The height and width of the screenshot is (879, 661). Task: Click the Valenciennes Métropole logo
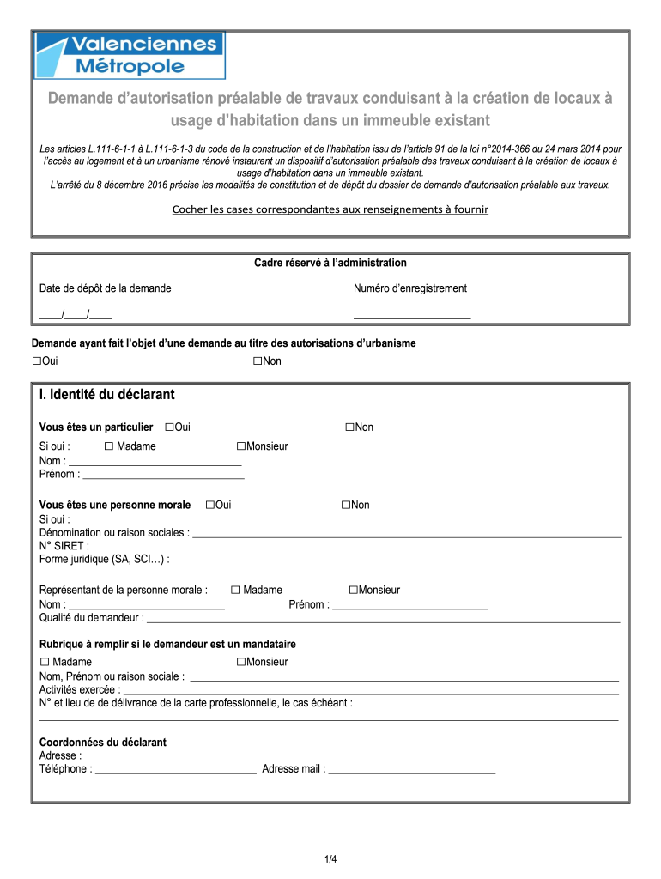(129, 56)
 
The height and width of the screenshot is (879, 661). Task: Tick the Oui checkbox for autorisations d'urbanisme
(37, 361)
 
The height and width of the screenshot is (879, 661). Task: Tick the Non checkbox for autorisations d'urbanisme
(258, 361)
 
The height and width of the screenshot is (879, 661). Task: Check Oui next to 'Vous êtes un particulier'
(169, 427)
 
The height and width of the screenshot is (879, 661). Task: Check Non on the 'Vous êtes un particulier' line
(350, 427)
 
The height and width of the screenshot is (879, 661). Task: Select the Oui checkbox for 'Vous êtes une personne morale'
(210, 505)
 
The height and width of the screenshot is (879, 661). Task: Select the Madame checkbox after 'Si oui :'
(109, 446)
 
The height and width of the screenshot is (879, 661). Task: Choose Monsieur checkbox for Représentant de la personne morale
(353, 590)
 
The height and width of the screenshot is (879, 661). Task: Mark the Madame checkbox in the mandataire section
(45, 662)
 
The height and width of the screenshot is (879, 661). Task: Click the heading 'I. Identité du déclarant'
(107, 395)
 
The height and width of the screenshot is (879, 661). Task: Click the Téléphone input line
(175, 770)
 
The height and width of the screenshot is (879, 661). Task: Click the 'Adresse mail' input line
(412, 770)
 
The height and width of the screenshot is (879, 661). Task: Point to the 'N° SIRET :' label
(64, 546)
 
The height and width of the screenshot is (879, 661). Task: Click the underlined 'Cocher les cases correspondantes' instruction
(330, 209)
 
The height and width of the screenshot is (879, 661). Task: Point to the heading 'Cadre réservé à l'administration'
(330, 263)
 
